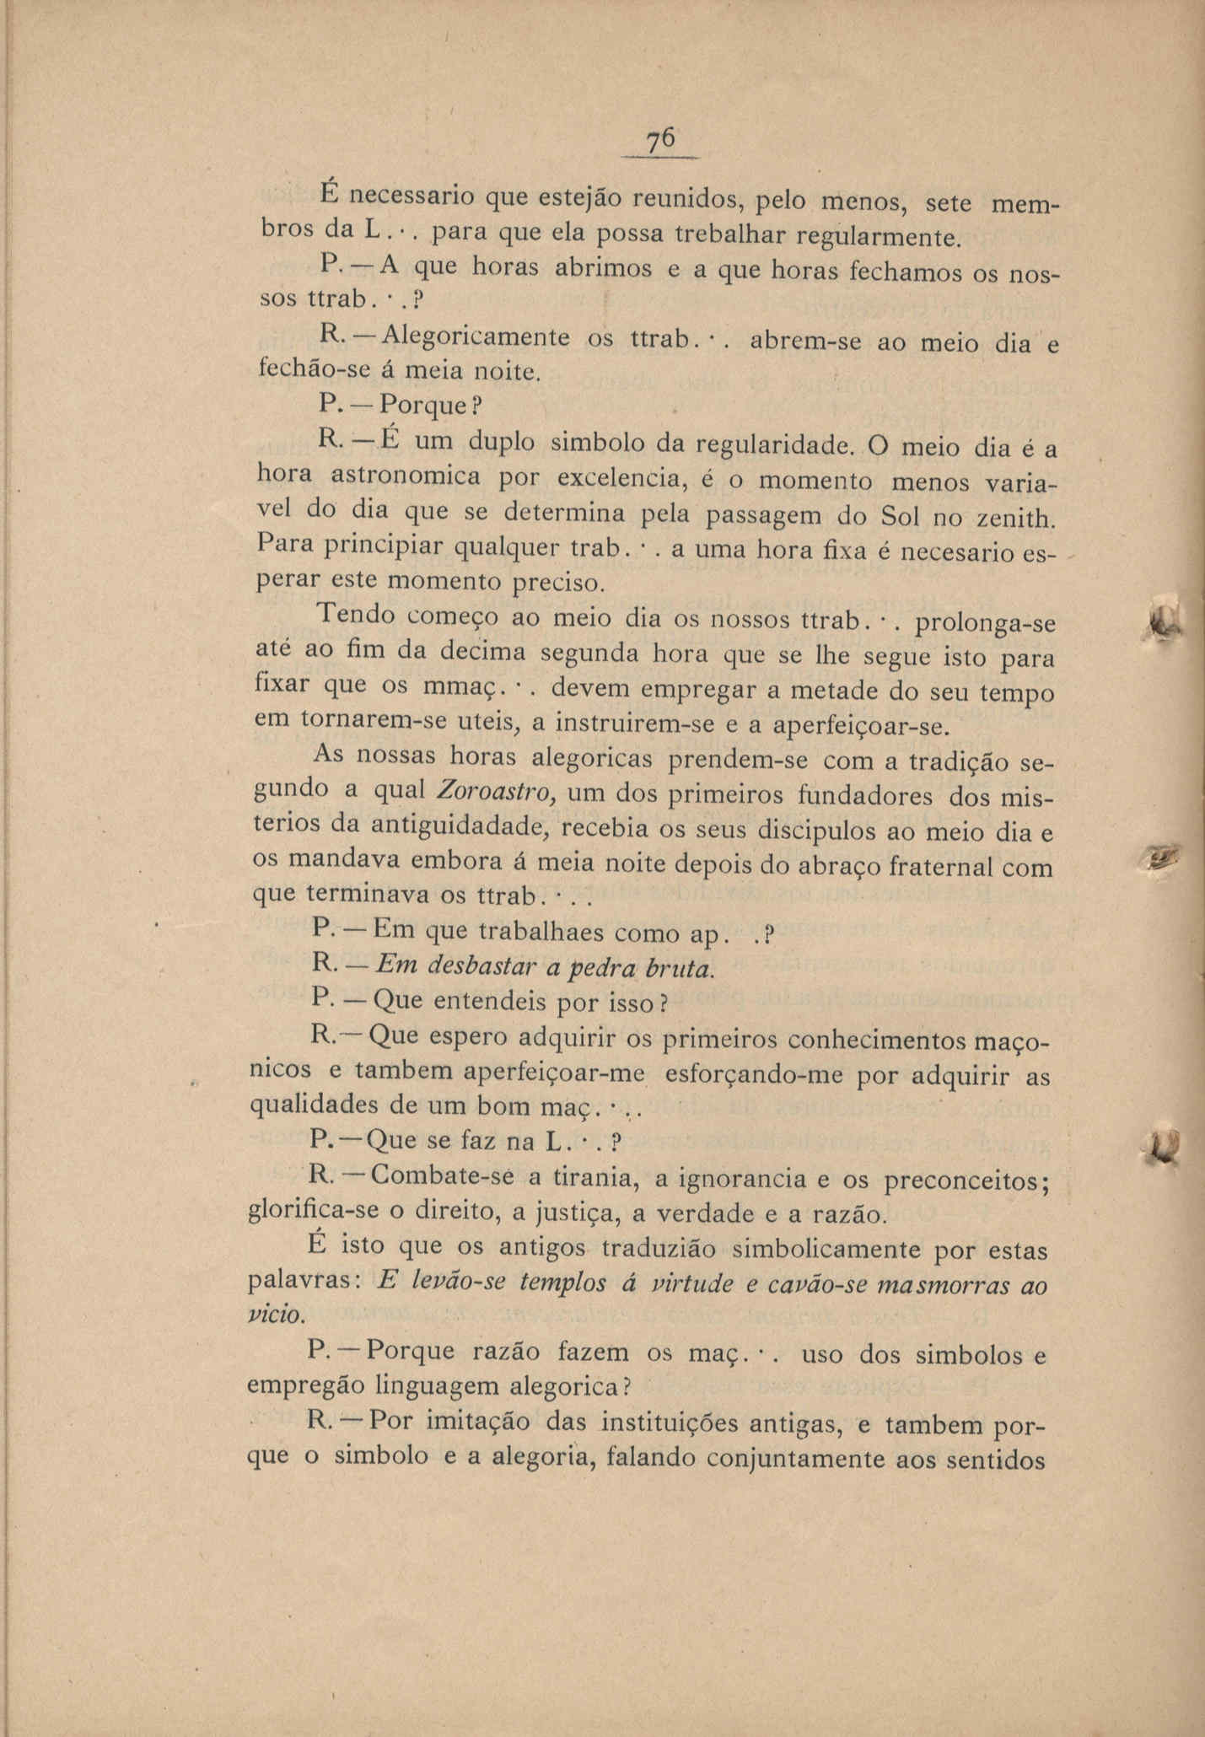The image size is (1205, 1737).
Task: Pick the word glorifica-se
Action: pyautogui.click(x=309, y=1213)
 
